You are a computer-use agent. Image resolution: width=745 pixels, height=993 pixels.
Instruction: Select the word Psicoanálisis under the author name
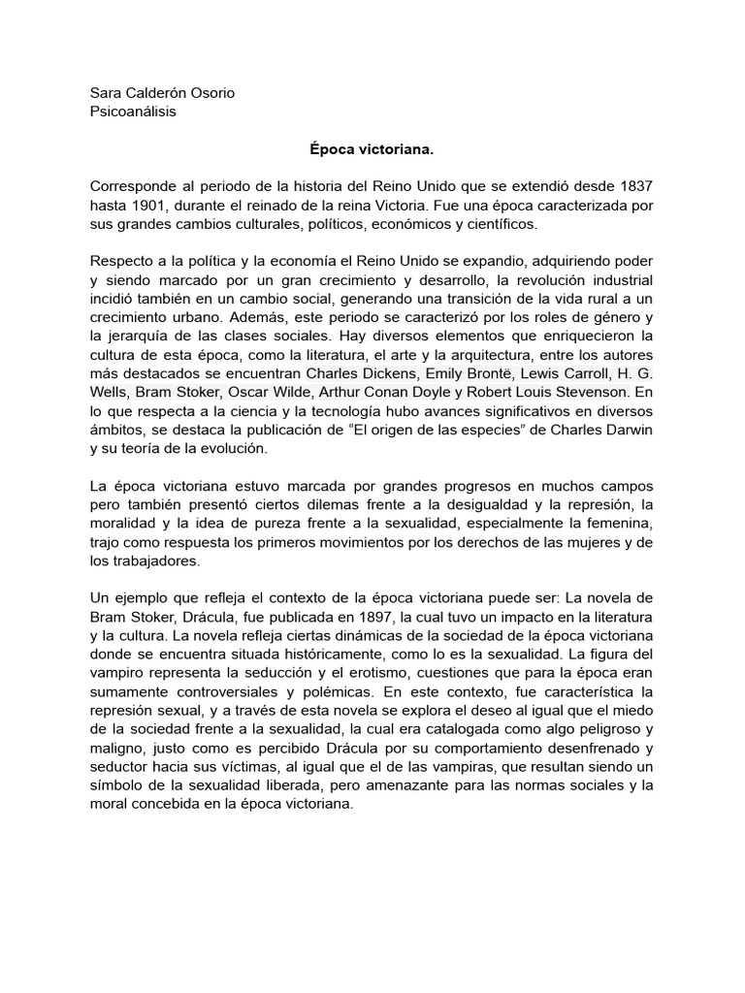tap(132, 112)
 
